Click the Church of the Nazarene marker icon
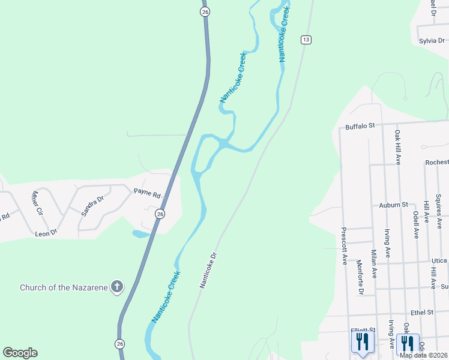coord(117,287)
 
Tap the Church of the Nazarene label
coord(64,287)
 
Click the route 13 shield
coord(306,40)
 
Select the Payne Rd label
coord(148,195)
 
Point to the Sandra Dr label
coord(92,205)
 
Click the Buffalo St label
coord(360,126)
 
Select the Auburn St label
coord(393,205)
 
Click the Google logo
coord(20,353)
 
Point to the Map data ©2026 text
coord(423,355)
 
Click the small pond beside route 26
coord(140,233)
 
